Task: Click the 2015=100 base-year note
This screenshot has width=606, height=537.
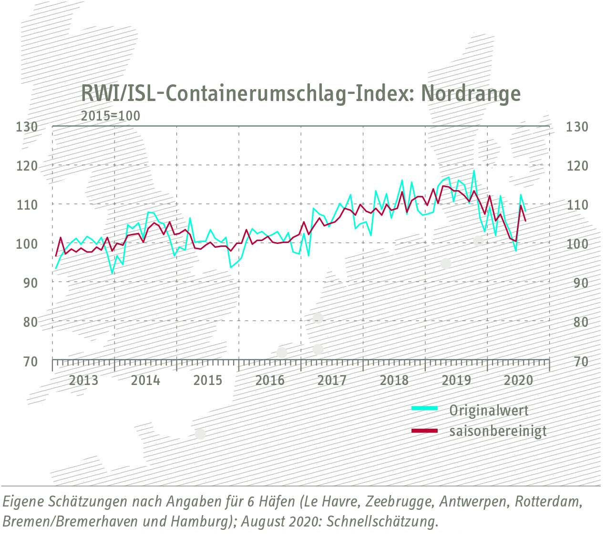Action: tap(111, 116)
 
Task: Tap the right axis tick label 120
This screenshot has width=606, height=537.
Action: tap(577, 166)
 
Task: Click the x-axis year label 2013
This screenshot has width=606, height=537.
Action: tap(83, 380)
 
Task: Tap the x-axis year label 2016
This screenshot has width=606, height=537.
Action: tap(270, 380)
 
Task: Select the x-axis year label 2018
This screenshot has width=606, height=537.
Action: tap(394, 380)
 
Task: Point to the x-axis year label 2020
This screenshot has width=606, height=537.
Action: tap(518, 380)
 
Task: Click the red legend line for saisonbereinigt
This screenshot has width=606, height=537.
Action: tap(424, 431)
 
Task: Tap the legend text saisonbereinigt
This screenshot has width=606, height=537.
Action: tap(498, 431)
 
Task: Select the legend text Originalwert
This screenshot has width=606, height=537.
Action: tap(489, 410)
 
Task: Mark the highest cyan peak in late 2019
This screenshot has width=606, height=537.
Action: tap(474, 171)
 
